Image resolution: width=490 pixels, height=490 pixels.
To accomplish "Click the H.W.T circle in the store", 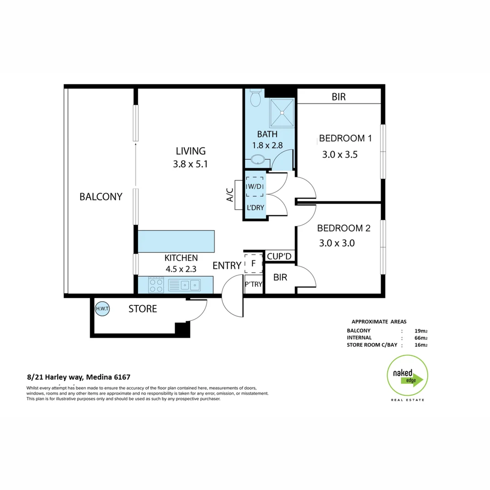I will coord(100,309).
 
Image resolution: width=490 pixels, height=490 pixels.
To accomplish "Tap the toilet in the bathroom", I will coord(255,98).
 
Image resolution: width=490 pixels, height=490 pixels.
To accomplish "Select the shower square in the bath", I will coord(282,113).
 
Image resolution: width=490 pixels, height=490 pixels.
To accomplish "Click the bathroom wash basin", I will coord(258,160).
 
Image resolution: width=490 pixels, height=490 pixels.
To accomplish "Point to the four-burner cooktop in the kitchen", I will coord(156,285).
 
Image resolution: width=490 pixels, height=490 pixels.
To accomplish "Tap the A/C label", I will coord(230,195).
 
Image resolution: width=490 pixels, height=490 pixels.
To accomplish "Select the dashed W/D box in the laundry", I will coord(255,186).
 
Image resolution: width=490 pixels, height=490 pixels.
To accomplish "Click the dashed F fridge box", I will coord(254,263).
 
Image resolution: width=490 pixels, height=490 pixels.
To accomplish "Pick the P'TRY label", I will coord(254,284).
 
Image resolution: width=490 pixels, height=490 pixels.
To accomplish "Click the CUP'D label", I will coord(279,256).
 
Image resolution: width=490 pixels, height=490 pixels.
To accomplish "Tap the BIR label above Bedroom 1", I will coord(338,97).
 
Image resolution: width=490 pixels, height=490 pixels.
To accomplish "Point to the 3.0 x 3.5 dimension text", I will coord(340,154).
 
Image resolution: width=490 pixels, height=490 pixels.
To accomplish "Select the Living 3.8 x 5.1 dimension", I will coord(190,164).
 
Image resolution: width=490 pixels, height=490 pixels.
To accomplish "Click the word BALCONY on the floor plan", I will coord(101,196).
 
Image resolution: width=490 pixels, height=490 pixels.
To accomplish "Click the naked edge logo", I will coord(407,376).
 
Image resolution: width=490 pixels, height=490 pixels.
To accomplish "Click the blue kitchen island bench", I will coord(176,241).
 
